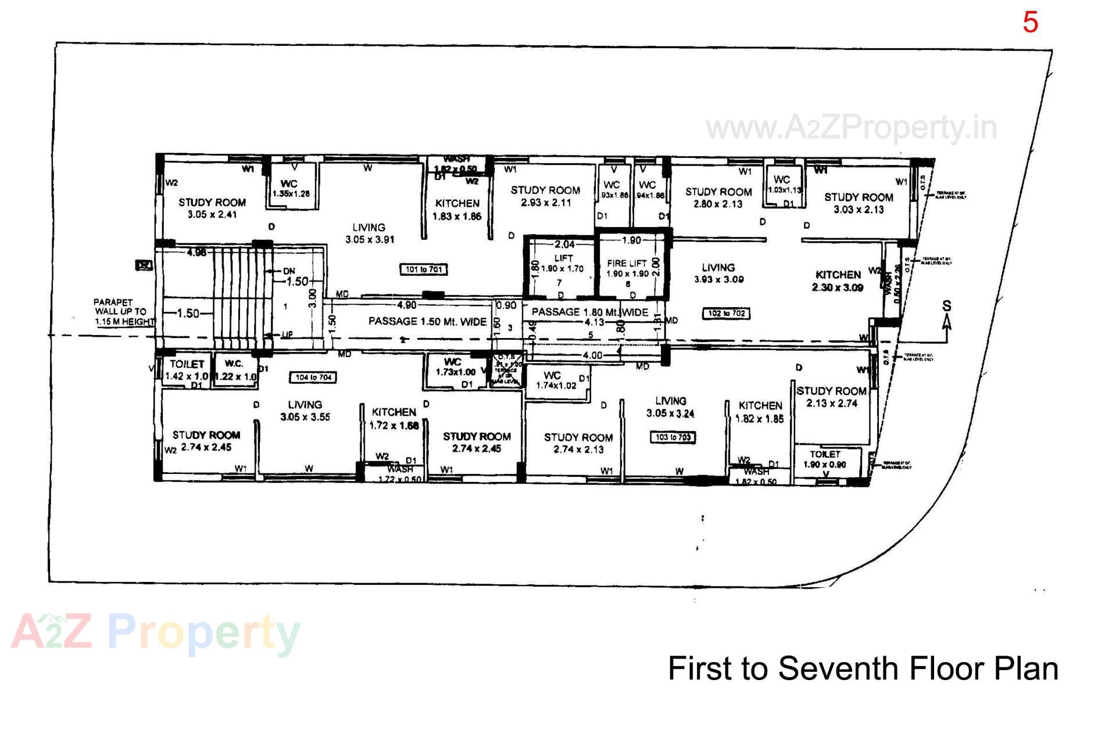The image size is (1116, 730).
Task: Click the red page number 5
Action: click(x=1030, y=23)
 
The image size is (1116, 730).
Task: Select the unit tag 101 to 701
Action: click(x=424, y=269)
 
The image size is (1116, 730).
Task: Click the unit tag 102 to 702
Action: click(x=726, y=314)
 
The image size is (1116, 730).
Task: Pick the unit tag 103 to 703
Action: click(x=673, y=437)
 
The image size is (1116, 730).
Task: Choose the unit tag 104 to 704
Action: click(x=313, y=377)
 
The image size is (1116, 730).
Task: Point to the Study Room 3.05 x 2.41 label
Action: click(x=212, y=208)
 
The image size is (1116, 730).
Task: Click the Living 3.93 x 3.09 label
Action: click(x=718, y=273)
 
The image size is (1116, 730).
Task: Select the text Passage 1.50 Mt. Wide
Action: click(x=427, y=321)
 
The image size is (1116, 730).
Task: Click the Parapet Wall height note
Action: click(x=123, y=312)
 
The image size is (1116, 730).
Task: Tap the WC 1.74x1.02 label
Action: click(x=555, y=380)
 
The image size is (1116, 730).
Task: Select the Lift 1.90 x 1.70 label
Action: click(x=563, y=263)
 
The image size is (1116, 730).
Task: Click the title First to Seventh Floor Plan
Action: click(x=863, y=668)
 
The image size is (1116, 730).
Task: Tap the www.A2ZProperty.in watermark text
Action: click(x=851, y=128)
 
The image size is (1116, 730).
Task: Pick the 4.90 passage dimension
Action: click(x=406, y=305)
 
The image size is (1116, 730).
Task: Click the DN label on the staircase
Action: click(x=289, y=271)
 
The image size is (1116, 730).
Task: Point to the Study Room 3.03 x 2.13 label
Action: click(x=858, y=203)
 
